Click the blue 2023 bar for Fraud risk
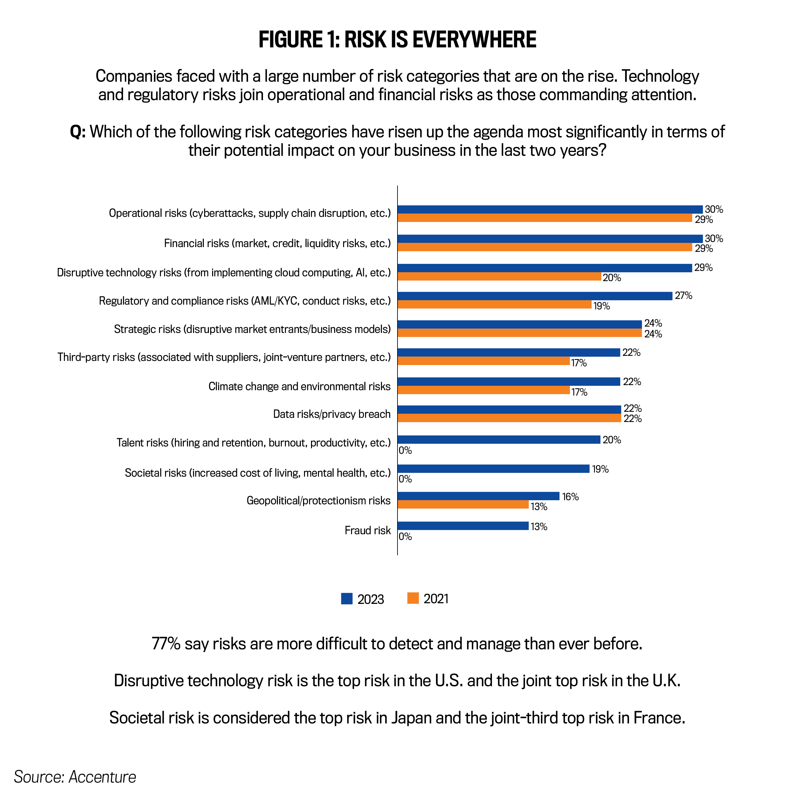[x=463, y=525]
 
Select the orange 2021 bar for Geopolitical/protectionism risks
[x=463, y=504]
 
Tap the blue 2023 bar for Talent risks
[x=499, y=439]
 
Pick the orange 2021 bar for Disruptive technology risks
[x=499, y=277]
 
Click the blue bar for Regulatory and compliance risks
[x=535, y=296]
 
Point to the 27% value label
[x=683, y=295]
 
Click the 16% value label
[x=570, y=497]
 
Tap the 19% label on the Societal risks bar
[x=600, y=469]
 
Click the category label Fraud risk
[x=368, y=530]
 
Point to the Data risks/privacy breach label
[x=332, y=414]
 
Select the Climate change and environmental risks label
[x=299, y=386]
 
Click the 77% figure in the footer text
[x=166, y=644]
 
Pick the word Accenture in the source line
[x=102, y=777]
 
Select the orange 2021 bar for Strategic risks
[x=519, y=333]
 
